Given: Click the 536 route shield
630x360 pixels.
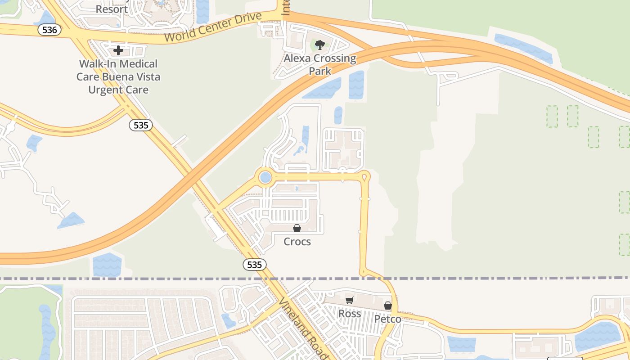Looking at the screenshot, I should tap(49, 30).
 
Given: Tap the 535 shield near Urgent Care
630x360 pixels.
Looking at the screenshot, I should tap(141, 125).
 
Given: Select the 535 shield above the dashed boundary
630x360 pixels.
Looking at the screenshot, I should tap(254, 265).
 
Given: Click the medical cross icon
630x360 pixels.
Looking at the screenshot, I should tap(118, 50).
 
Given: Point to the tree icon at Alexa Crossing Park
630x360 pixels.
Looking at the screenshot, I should tap(320, 45).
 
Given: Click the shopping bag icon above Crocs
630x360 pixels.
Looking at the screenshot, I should tap(297, 228).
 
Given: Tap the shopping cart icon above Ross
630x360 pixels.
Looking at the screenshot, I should tap(350, 300).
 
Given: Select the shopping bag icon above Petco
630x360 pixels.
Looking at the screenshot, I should tap(388, 306).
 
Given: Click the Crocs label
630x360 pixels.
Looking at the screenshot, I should tap(297, 242).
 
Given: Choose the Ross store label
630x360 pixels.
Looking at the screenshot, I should tap(350, 314).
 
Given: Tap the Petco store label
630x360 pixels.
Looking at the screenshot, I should tap(388, 319).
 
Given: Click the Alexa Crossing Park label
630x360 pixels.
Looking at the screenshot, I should tap(320, 64).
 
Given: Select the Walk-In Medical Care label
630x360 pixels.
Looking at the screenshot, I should tap(118, 76).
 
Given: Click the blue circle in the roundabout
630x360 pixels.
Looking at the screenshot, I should tap(265, 177).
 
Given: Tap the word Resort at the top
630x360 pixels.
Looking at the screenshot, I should tap(112, 9).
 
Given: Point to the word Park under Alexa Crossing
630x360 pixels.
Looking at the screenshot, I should tap(320, 71).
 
